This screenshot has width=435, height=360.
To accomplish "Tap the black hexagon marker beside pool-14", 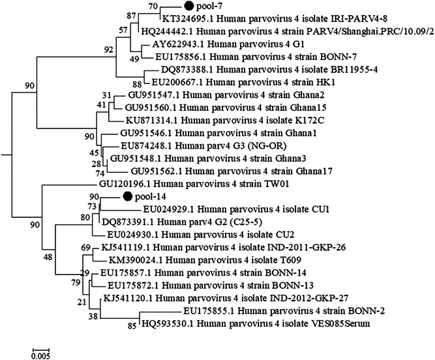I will (x=128, y=196).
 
